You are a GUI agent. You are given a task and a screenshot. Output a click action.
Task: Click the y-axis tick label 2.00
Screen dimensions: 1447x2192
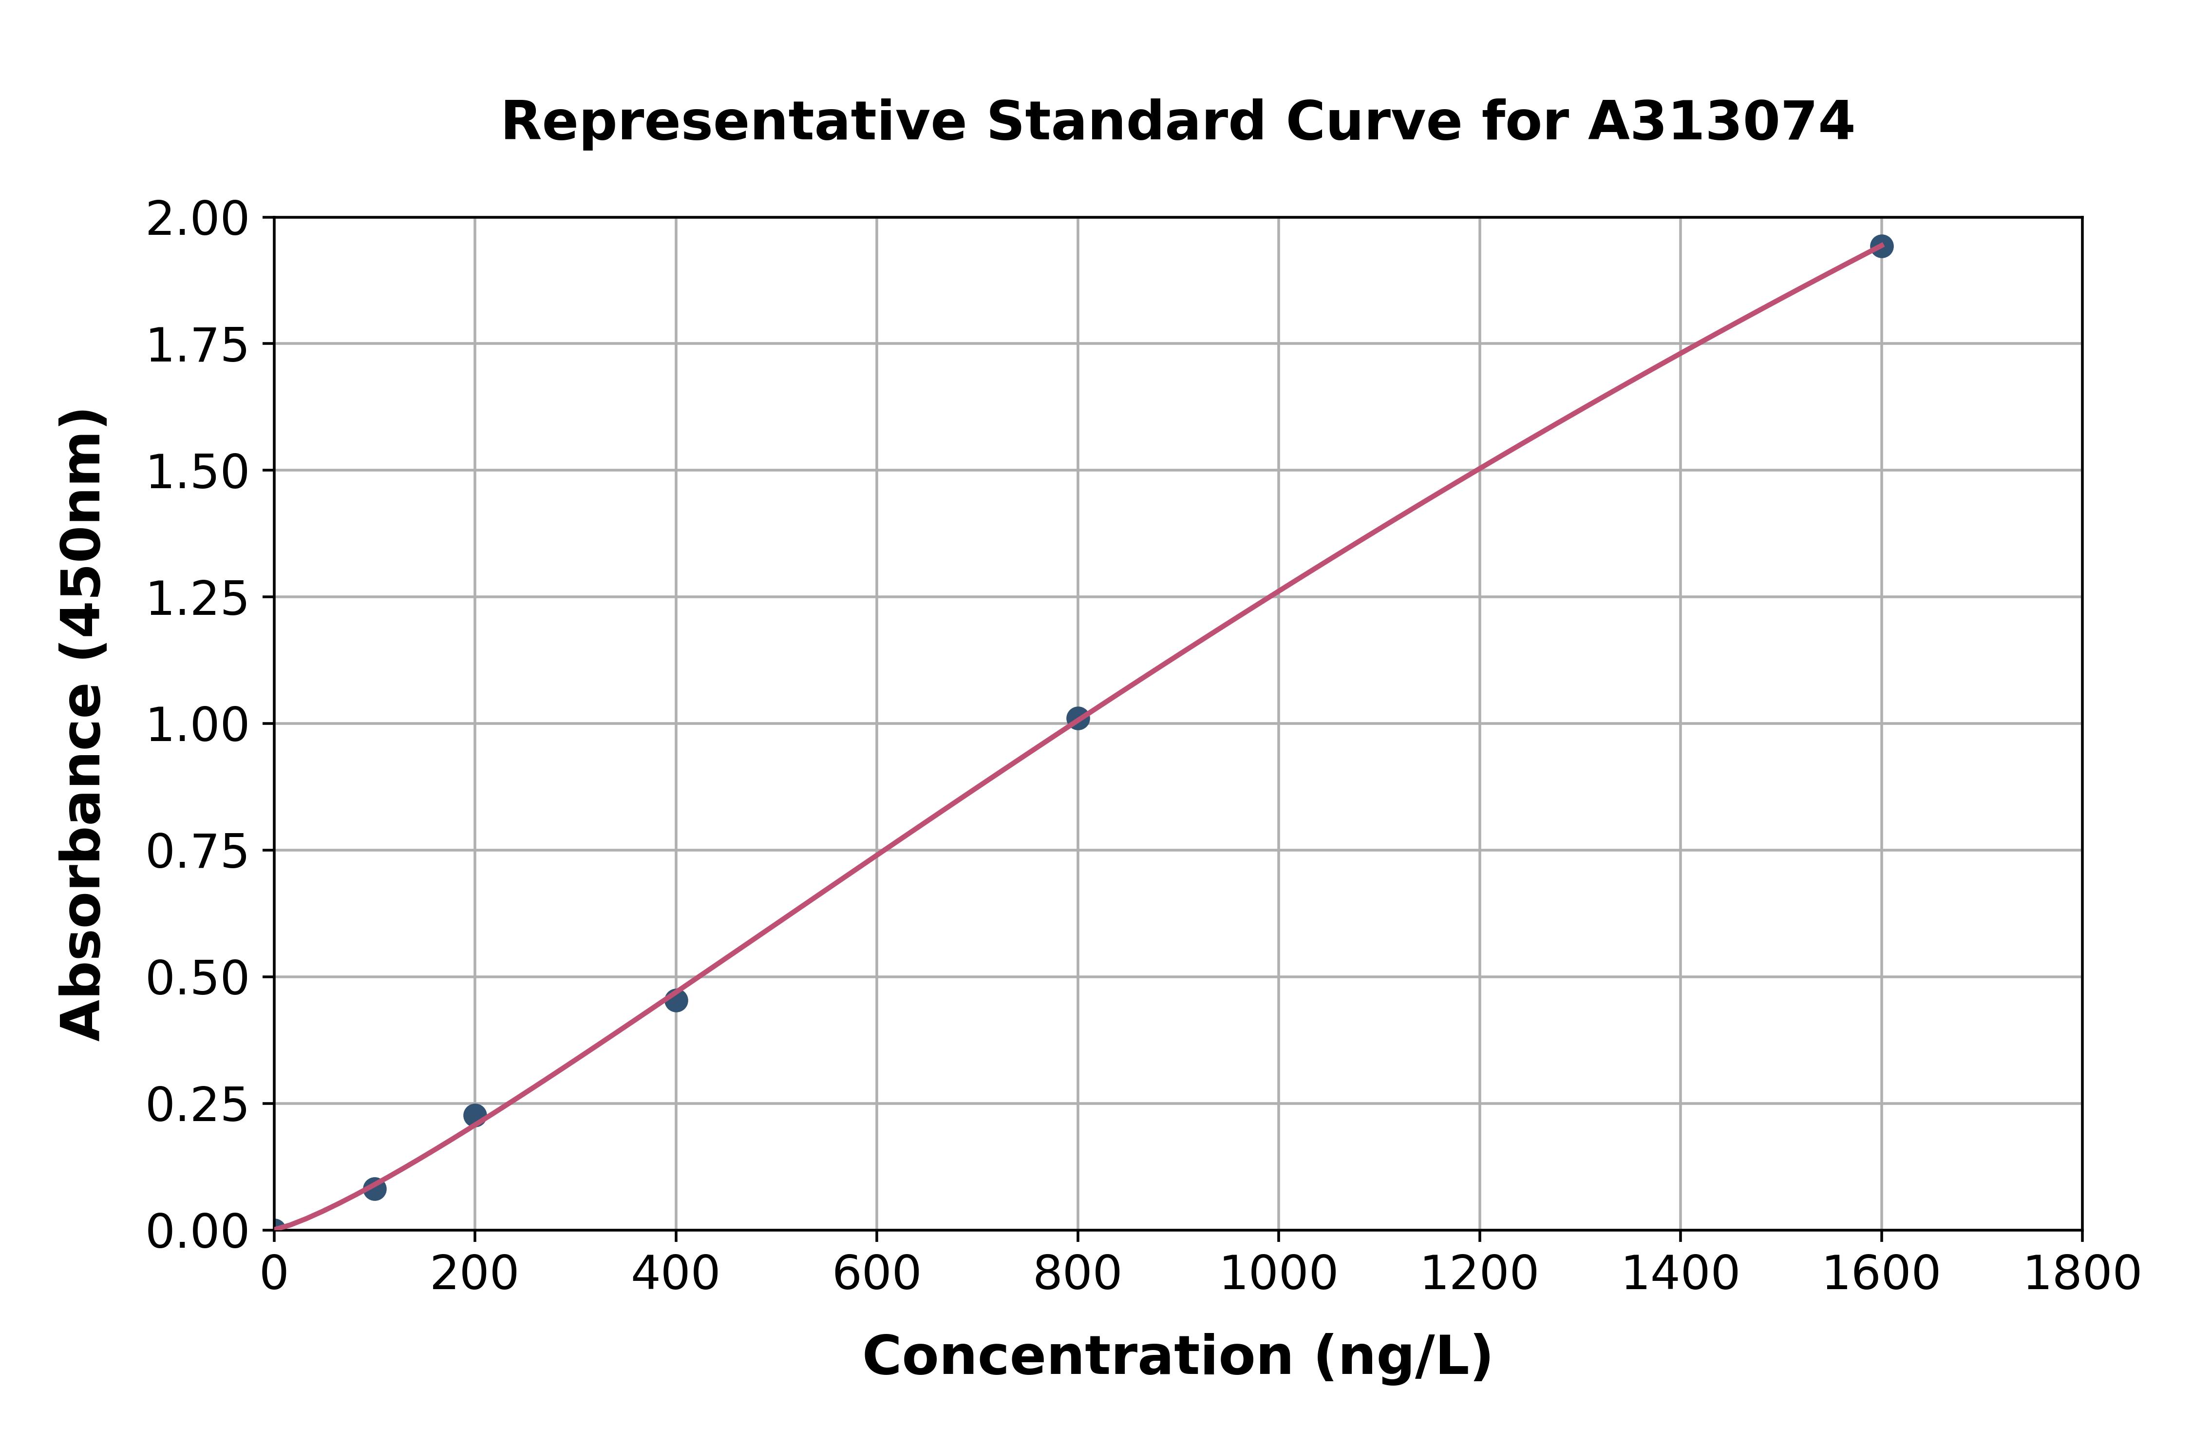[x=197, y=220]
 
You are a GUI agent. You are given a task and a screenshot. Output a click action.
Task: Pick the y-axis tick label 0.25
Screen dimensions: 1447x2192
[x=197, y=1105]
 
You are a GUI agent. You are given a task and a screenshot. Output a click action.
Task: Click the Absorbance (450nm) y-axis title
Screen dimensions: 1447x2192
[x=81, y=724]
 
